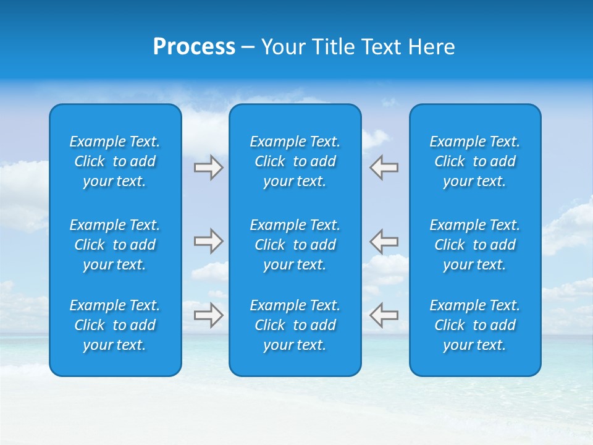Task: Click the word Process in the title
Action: click(194, 47)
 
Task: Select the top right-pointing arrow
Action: click(208, 167)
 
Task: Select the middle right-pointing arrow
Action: click(208, 240)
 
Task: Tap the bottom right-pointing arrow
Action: click(208, 315)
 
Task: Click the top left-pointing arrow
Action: click(384, 167)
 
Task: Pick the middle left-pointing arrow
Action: click(384, 240)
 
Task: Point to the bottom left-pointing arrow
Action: click(384, 315)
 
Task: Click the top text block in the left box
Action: click(115, 161)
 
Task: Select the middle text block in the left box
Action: click(115, 245)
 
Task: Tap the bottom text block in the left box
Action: click(115, 325)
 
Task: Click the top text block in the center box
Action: click(295, 161)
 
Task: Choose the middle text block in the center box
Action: click(295, 245)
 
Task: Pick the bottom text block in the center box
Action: click(295, 325)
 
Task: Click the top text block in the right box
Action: click(475, 161)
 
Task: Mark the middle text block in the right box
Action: click(475, 245)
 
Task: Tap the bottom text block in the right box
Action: click(475, 325)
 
